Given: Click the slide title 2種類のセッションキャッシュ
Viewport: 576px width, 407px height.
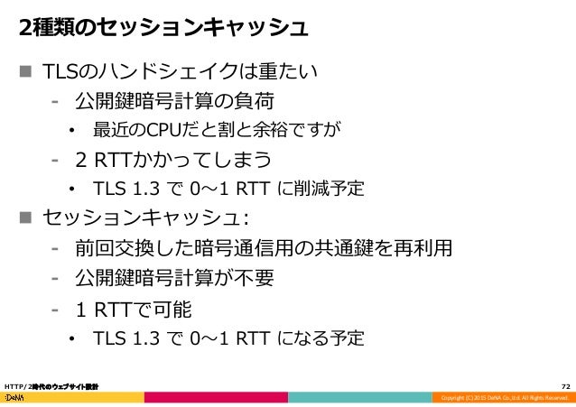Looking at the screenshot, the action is click(x=163, y=27).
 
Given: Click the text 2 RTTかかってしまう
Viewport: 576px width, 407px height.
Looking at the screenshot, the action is click(x=174, y=161).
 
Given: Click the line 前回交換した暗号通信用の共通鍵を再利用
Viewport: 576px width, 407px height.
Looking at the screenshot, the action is click(x=263, y=248).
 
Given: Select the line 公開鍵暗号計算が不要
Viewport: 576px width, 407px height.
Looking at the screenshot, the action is click(x=174, y=278).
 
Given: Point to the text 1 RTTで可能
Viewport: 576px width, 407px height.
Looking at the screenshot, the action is click(x=134, y=310).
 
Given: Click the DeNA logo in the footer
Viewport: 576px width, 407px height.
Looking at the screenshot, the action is click(x=15, y=398).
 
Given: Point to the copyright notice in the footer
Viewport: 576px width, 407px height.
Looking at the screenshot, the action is click(x=500, y=398).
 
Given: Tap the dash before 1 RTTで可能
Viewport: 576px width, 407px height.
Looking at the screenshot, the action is click(x=56, y=310).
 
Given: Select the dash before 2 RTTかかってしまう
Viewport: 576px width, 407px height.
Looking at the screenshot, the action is click(x=56, y=161).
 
